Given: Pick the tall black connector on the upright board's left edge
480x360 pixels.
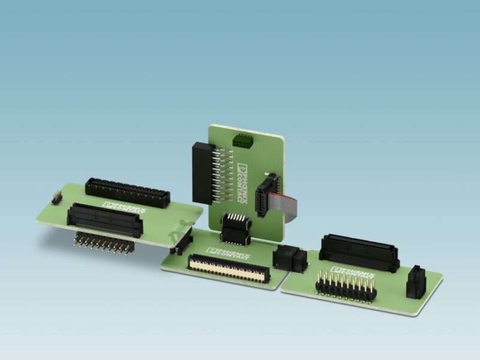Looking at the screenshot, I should pos(201,172).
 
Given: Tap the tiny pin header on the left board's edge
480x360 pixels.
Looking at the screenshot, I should pos(56,197).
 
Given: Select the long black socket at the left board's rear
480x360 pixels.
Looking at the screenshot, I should pos(127,192).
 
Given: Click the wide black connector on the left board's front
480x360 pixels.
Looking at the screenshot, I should pos(106,218).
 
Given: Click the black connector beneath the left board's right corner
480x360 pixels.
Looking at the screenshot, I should pos(181,242).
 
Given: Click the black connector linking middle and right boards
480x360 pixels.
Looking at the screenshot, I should pos(290,259).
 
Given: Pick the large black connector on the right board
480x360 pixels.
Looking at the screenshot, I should pos(358,251).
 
